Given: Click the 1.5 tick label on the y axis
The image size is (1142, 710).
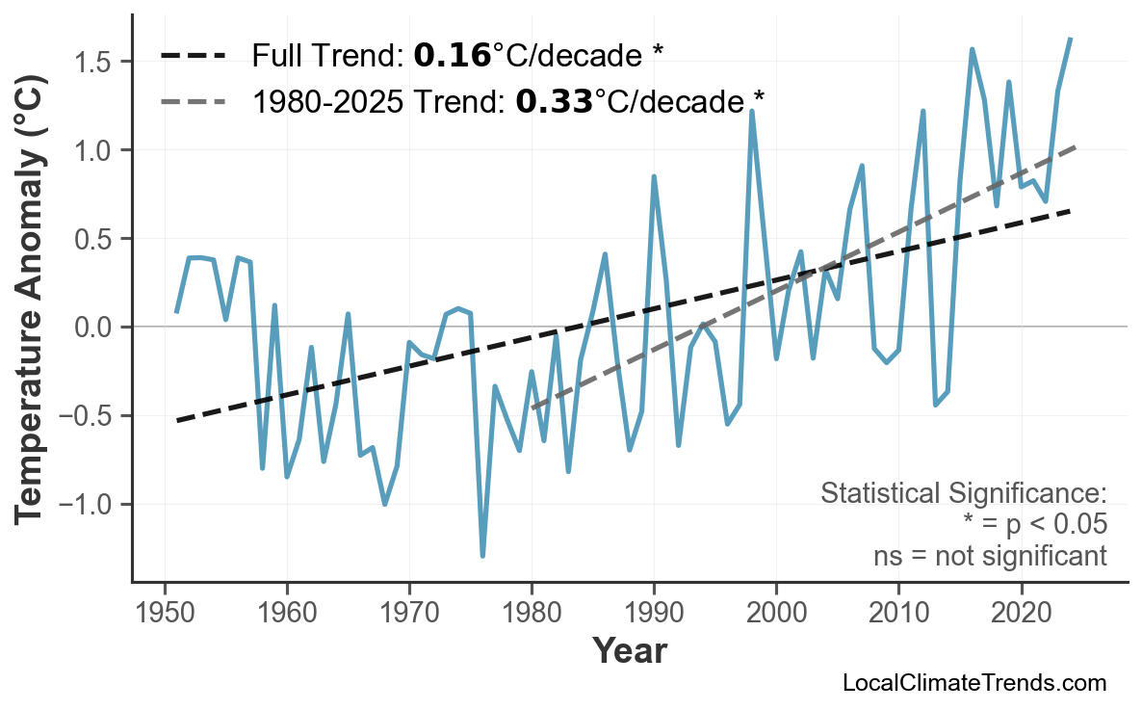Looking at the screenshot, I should pyautogui.click(x=95, y=63).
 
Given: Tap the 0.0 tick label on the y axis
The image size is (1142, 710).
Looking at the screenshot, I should pyautogui.click(x=95, y=328).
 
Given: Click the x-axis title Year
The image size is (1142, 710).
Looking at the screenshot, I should pyautogui.click(x=629, y=652).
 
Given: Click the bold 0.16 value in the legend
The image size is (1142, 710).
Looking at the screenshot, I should pyautogui.click(x=453, y=56).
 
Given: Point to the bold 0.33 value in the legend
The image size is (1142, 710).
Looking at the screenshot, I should pyautogui.click(x=554, y=100).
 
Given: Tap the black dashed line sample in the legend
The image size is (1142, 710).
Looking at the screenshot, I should pyautogui.click(x=194, y=56).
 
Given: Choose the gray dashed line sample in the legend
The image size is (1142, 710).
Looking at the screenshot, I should pyautogui.click(x=194, y=100).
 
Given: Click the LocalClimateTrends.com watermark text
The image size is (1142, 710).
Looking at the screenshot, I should pyautogui.click(x=973, y=684).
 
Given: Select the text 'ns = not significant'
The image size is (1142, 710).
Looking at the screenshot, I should pyautogui.click(x=990, y=557).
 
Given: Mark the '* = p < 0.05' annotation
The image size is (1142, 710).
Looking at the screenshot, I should pyautogui.click(x=1034, y=525).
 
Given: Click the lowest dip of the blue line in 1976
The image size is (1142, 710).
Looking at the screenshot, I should pyautogui.click(x=482, y=556).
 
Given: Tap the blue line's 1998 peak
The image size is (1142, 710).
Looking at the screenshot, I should pyautogui.click(x=752, y=111).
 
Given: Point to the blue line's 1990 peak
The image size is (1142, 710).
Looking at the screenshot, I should pyautogui.click(x=654, y=176).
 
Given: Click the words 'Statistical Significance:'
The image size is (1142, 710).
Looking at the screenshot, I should pyautogui.click(x=963, y=494).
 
